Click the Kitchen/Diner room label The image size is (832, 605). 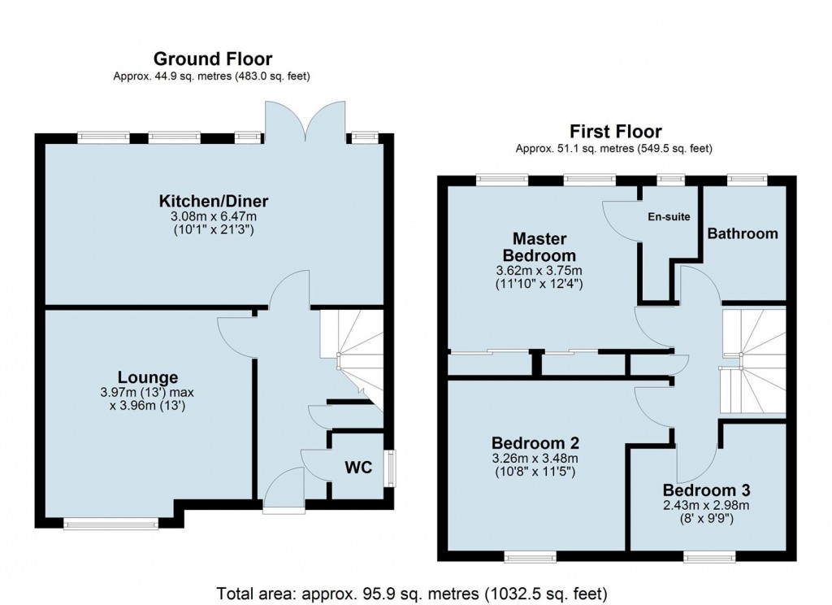(x=214, y=202)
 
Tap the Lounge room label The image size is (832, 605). (x=148, y=377)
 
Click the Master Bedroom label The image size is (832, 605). (x=539, y=247)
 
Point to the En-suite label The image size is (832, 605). (x=668, y=217)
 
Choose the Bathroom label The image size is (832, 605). (x=742, y=233)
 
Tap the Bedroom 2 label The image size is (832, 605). (x=535, y=443)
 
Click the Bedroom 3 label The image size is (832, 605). (x=705, y=490)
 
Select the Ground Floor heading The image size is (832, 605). (x=213, y=59)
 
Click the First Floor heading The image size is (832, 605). (x=615, y=131)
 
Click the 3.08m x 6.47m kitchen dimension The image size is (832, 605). (x=214, y=218)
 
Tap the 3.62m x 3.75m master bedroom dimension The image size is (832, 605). (x=539, y=271)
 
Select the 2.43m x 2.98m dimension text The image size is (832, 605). (x=705, y=506)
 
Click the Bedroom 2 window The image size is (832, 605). (x=531, y=557)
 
